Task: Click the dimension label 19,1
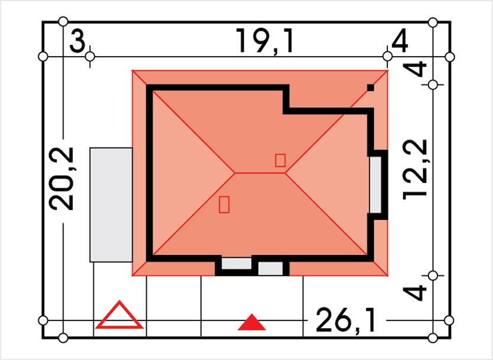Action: [265, 41]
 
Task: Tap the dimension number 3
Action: [77, 41]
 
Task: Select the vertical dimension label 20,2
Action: [61, 179]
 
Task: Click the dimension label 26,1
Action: [345, 320]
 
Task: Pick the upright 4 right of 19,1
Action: [399, 41]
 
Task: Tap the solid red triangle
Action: [252, 322]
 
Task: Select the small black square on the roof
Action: [371, 88]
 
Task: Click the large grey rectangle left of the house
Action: [111, 205]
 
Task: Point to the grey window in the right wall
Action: [376, 185]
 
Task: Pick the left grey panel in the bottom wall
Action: [237, 263]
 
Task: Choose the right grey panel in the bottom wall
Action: [270, 268]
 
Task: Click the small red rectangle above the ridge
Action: [280, 160]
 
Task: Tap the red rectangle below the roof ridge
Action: [224, 204]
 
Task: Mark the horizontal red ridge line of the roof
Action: [260, 173]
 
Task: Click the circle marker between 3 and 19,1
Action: [90, 57]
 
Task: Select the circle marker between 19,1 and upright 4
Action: [388, 57]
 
